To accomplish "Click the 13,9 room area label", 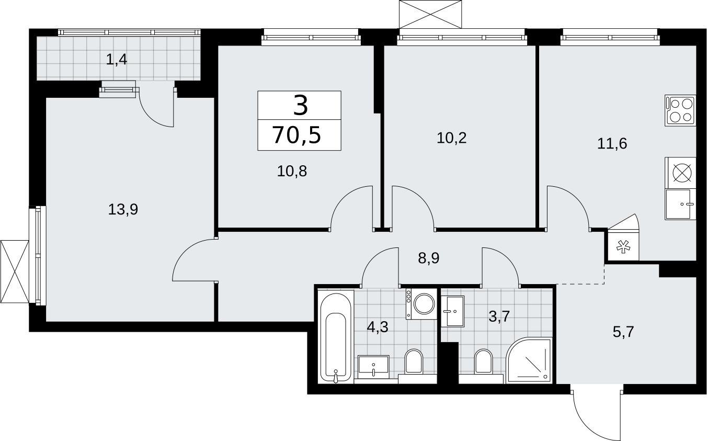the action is tap(123, 210).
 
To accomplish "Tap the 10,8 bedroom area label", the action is tap(292, 172).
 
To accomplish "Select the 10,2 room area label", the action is tap(452, 138).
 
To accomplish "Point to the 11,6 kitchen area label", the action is tap(612, 144).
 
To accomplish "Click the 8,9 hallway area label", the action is tap(429, 258).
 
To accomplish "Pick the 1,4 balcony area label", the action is tap(117, 60).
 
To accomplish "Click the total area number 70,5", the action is tap(297, 135).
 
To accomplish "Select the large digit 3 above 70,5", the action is tap(301, 106).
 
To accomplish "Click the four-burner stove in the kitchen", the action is tap(680, 110).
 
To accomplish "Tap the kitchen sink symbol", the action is tap(680, 204).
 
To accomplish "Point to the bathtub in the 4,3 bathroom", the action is tap(336, 336).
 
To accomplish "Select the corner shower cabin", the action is tap(529, 360).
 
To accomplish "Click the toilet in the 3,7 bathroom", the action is tap(483, 362).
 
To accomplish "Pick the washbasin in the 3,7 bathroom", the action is tap(453, 311).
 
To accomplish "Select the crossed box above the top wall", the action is tap(430, 14).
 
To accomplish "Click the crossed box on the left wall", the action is tap(15, 272).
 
